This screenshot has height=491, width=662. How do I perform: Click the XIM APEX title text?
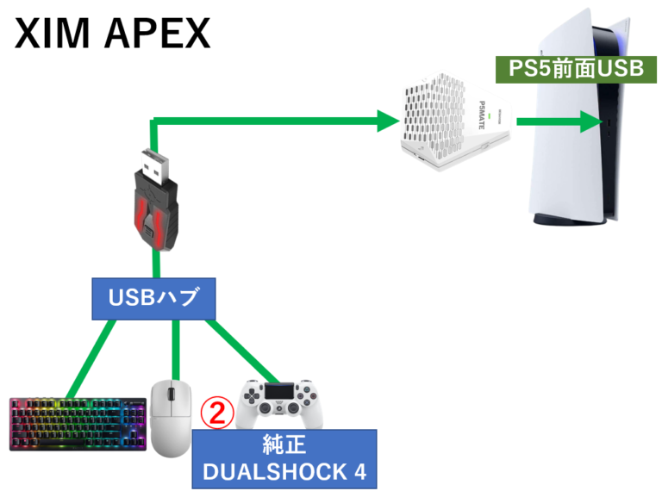click(x=112, y=34)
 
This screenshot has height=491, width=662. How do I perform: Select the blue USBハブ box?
click(x=154, y=300)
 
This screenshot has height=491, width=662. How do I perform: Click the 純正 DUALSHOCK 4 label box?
click(x=284, y=458)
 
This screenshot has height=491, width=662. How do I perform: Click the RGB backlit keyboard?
click(x=77, y=423)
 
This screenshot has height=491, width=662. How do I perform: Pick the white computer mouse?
click(x=171, y=418)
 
